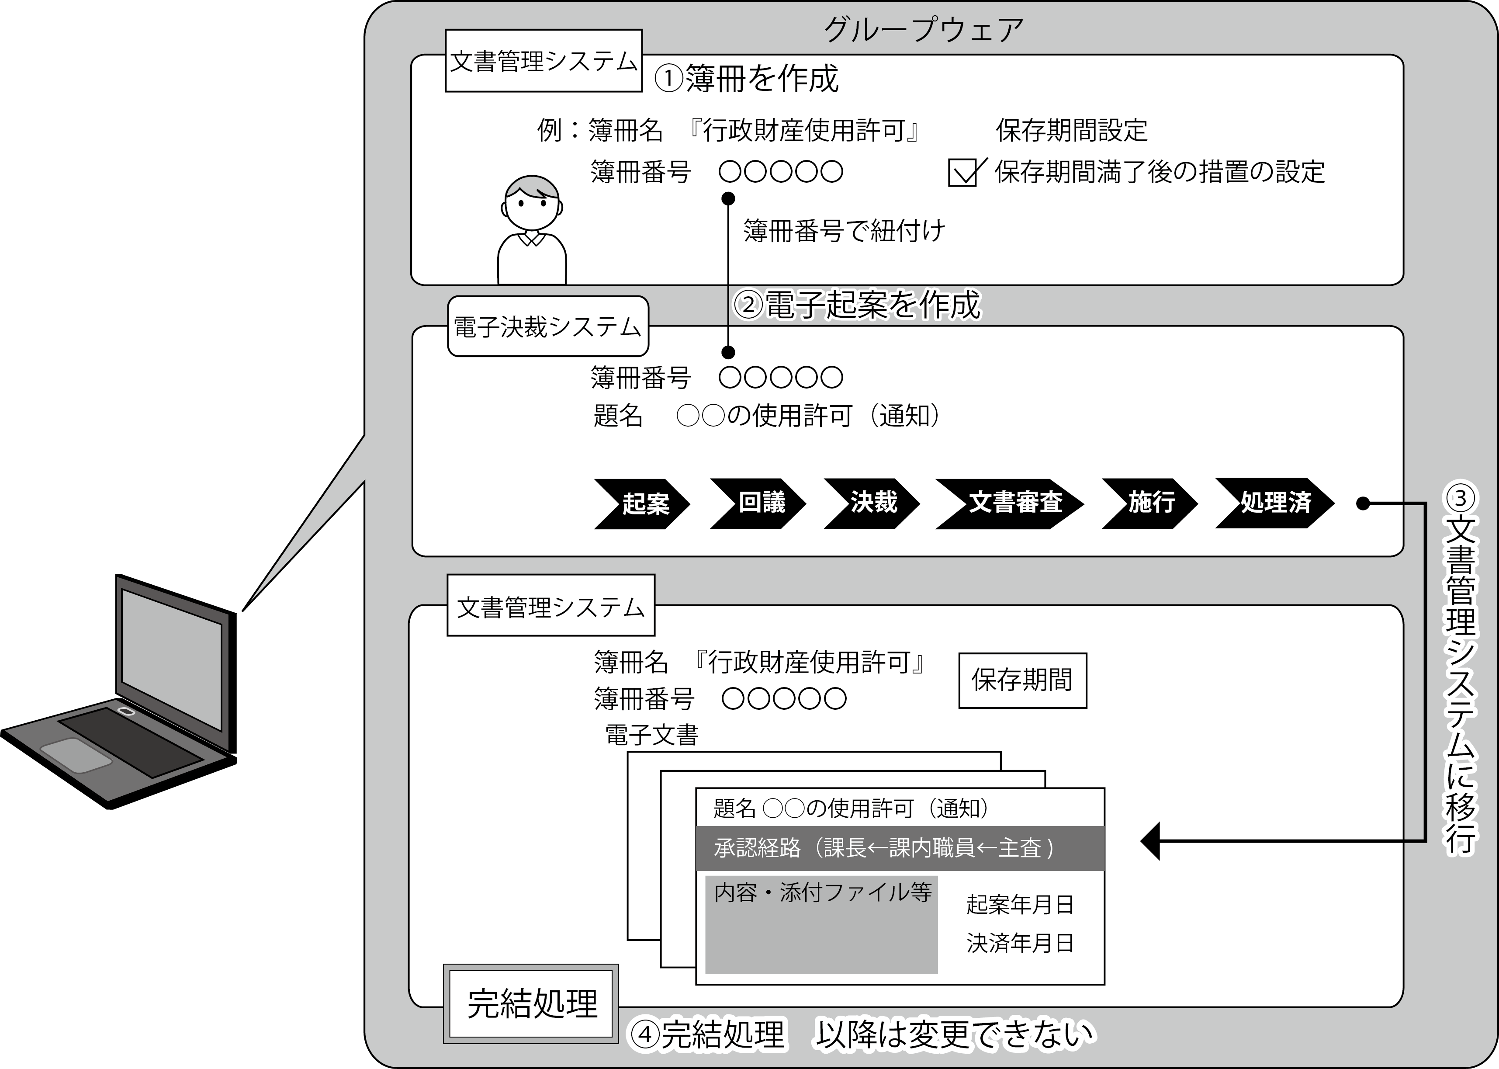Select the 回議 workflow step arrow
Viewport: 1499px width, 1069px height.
[758, 503]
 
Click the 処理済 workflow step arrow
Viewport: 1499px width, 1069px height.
[1274, 503]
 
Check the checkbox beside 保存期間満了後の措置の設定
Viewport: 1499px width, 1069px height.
[962, 173]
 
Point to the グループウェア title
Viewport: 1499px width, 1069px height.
[923, 30]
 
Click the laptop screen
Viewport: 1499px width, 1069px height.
[172, 659]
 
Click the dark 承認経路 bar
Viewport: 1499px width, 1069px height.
[900, 848]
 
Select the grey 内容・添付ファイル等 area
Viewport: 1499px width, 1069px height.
[821, 924]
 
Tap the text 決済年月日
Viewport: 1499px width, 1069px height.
[1020, 943]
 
